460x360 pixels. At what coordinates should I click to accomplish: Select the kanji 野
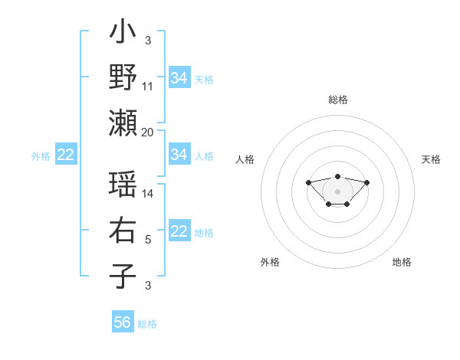pyautogui.click(x=123, y=77)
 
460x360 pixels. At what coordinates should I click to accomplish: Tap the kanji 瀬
pyautogui.click(x=123, y=122)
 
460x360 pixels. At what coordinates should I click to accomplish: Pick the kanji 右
pyautogui.click(x=123, y=231)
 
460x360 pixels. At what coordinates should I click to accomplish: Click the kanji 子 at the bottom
pyautogui.click(x=123, y=277)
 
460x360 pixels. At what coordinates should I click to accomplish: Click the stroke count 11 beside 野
pyautogui.click(x=148, y=87)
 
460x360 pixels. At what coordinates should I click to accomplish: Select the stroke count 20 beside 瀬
pyautogui.click(x=148, y=132)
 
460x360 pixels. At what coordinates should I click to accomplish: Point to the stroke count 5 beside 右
pyautogui.click(x=148, y=240)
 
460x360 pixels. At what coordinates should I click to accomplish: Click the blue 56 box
pyautogui.click(x=123, y=322)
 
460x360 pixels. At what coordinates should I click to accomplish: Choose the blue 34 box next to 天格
pyautogui.click(x=179, y=77)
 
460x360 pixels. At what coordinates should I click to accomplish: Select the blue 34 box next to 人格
pyautogui.click(x=179, y=155)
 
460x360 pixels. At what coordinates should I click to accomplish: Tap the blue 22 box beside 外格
pyautogui.click(x=66, y=155)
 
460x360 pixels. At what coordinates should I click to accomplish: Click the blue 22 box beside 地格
pyautogui.click(x=179, y=231)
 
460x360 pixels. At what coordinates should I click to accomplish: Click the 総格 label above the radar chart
pyautogui.click(x=338, y=100)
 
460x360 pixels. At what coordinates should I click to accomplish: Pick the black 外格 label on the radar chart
pyautogui.click(x=270, y=262)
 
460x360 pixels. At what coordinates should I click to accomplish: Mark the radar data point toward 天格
pyautogui.click(x=366, y=182)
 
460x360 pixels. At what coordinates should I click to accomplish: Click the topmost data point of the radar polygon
pyautogui.click(x=338, y=176)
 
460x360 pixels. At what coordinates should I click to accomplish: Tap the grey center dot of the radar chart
pyautogui.click(x=338, y=191)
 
